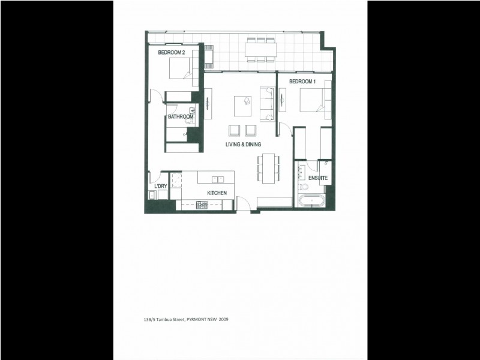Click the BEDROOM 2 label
[171, 53]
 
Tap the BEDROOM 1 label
[302, 81]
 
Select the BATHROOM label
[180, 116]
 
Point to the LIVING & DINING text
[243, 145]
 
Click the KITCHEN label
[216, 193]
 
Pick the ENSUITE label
[317, 179]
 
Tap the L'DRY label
[160, 187]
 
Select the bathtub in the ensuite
[311, 201]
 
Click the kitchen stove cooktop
[202, 205]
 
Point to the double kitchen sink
[217, 178]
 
